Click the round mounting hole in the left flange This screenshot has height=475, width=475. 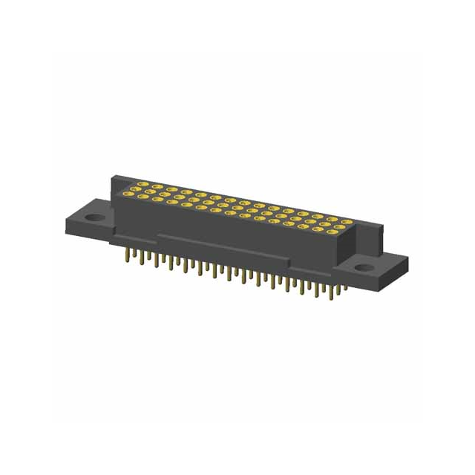94,218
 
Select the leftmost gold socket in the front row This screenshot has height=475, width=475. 131,197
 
